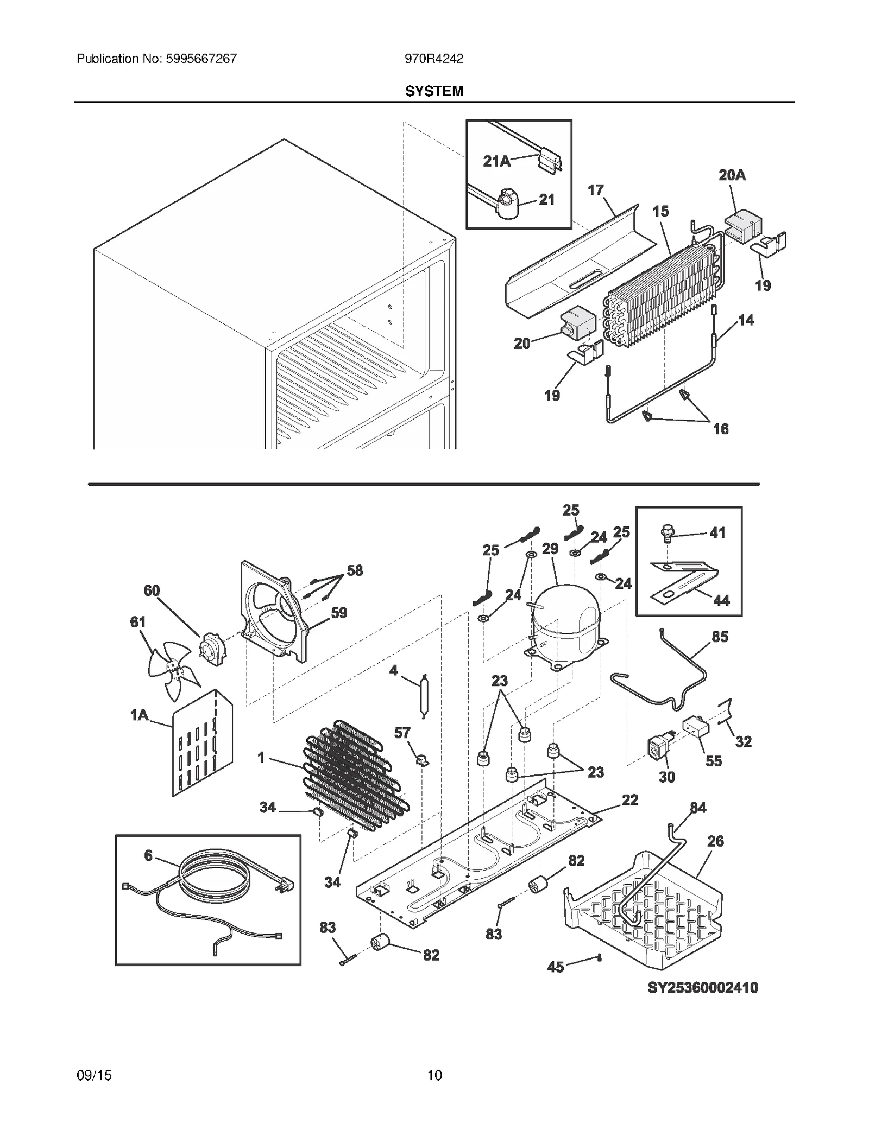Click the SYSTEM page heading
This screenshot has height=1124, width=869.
(434, 91)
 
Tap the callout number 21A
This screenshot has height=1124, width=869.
(496, 161)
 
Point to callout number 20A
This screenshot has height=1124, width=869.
(732, 175)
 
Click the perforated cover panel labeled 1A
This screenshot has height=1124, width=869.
(202, 744)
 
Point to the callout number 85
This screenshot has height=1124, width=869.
(720, 637)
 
